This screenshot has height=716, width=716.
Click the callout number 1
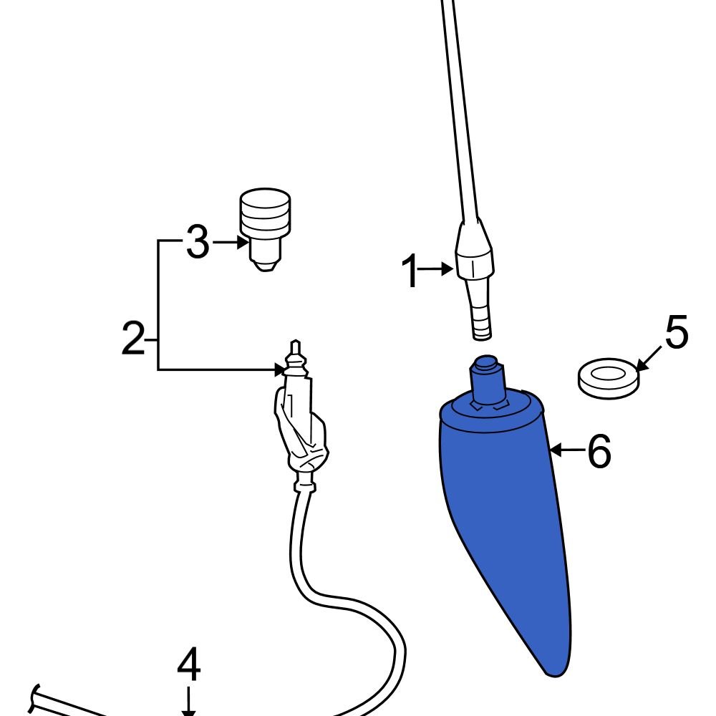coord(410,273)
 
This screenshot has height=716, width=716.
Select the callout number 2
coord(133,339)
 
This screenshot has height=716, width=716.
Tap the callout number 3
coord(198,243)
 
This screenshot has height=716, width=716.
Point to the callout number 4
coord(188,667)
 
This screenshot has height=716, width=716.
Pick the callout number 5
coord(676,333)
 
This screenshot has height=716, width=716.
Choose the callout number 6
coord(599,452)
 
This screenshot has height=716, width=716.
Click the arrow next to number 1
coord(437,269)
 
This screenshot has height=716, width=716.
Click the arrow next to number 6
coord(567,450)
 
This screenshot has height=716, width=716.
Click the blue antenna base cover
coord(508,516)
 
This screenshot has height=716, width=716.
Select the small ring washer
coord(608,378)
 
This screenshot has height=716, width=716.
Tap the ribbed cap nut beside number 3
coord(266,213)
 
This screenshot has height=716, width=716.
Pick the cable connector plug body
coord(301,430)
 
